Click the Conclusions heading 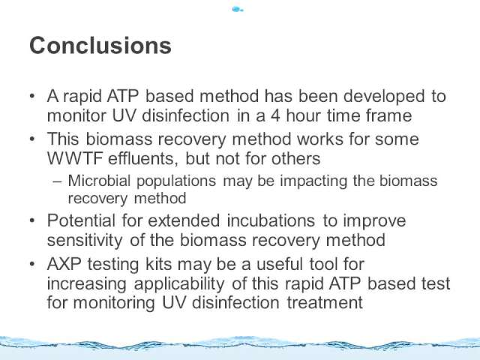100,46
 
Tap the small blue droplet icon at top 238,10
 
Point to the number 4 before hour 275,115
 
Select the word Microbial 99,181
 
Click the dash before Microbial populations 57,181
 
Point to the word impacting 313,181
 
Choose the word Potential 82,220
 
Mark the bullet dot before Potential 32,220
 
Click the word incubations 271,220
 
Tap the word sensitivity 85,240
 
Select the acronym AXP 64,264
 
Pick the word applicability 179,284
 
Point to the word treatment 325,302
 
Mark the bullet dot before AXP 32,264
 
